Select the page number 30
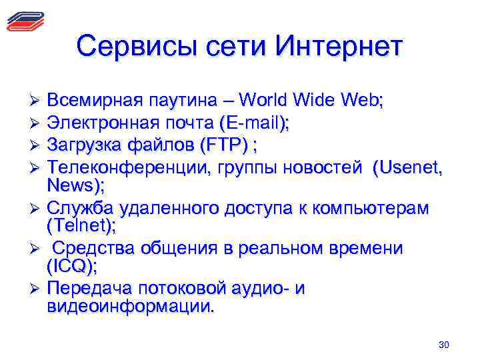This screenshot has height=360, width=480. coord(445,345)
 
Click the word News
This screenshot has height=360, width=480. coord(71,184)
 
